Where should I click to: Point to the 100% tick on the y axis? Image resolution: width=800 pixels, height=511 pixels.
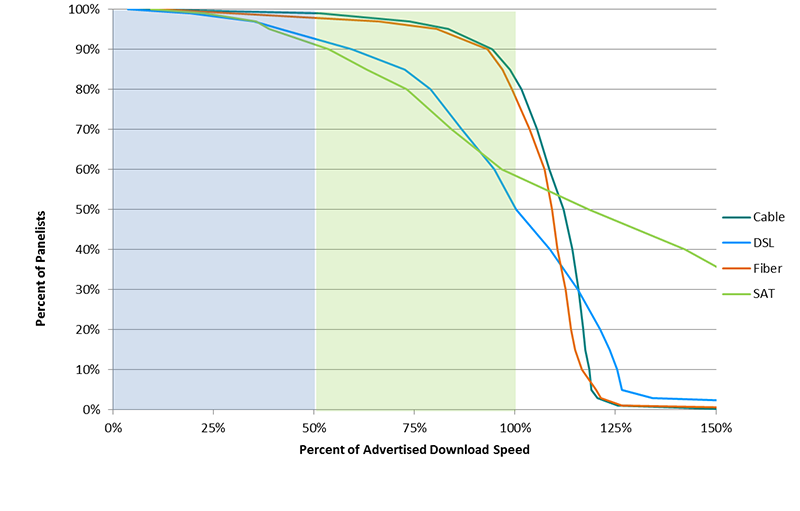pyautogui.click(x=85, y=9)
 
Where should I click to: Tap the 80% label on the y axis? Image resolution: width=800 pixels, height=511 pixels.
pyautogui.click(x=88, y=89)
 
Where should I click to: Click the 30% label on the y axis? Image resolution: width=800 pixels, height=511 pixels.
pyautogui.click(x=88, y=289)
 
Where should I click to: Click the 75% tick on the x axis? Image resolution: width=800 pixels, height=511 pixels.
pyautogui.click(x=415, y=427)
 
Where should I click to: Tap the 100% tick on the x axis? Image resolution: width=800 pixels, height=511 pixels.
pyautogui.click(x=515, y=427)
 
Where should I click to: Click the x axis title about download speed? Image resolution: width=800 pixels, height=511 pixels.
pyautogui.click(x=414, y=450)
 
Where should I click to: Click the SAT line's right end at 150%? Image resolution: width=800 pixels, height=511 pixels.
pyautogui.click(x=716, y=267)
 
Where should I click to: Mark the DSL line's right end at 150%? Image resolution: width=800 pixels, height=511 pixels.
pyautogui.click(x=716, y=400)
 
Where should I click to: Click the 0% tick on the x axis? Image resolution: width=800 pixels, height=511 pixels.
pyautogui.click(x=113, y=427)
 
